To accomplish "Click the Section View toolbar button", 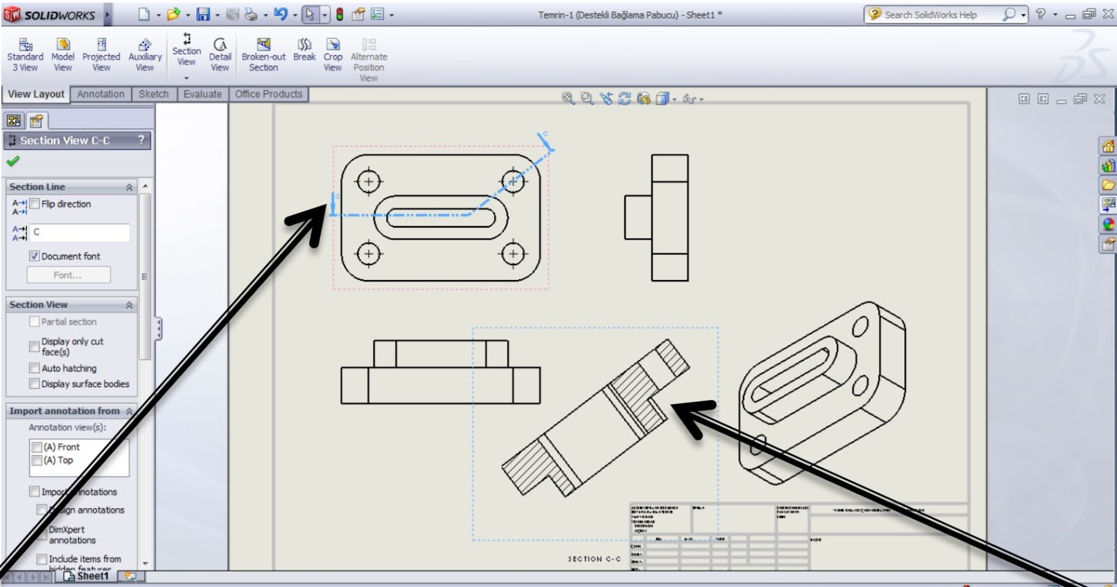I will (x=186, y=50).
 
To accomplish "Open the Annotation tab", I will (x=101, y=94).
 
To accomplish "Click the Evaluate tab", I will (x=202, y=94).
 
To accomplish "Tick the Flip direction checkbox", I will (x=35, y=204).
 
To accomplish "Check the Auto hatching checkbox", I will (x=34, y=368).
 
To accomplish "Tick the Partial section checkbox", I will (x=34, y=322).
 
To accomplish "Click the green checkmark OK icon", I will (x=13, y=161).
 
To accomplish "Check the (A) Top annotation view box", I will (x=37, y=461).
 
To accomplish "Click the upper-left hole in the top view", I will (x=369, y=182).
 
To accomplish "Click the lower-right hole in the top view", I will (x=513, y=253).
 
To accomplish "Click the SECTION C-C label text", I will (x=594, y=559).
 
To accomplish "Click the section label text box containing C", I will (x=80, y=232).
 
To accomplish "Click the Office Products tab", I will (x=269, y=94).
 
